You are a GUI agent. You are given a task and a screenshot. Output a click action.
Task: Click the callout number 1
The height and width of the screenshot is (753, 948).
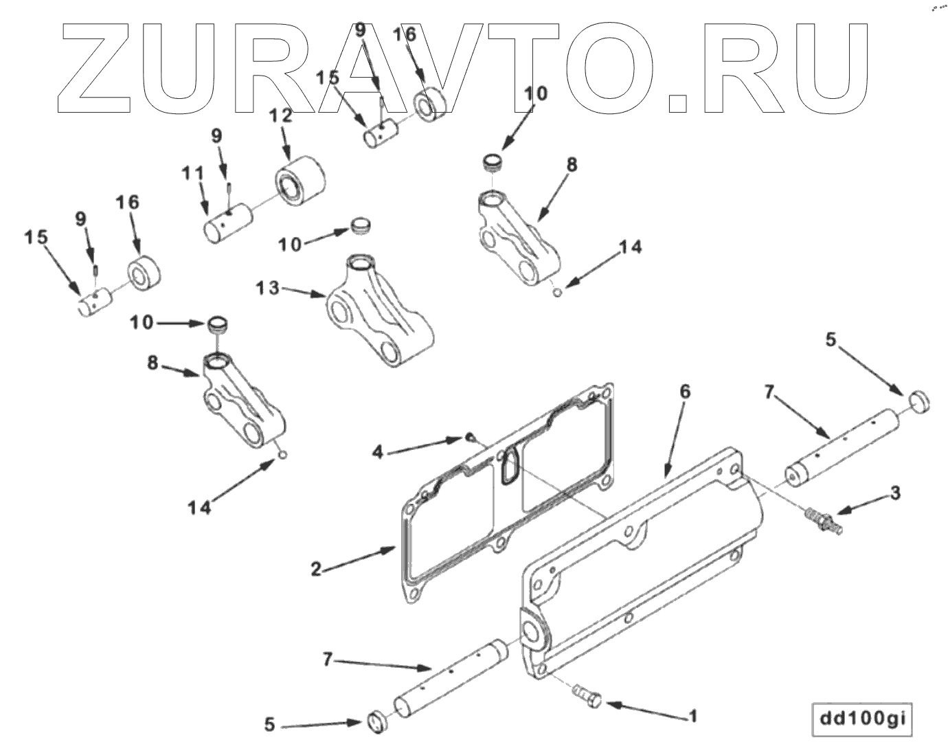coord(693,716)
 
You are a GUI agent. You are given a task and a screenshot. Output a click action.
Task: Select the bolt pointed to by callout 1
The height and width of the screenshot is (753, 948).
coord(587,696)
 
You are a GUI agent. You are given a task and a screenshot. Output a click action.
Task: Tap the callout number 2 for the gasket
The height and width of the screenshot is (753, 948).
coord(316,570)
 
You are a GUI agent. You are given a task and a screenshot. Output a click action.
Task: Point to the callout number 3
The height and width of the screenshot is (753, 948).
coord(894,493)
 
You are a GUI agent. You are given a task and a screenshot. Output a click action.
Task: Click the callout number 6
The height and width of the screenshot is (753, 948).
coord(684,392)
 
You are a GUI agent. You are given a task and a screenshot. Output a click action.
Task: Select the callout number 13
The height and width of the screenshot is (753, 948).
coord(268,288)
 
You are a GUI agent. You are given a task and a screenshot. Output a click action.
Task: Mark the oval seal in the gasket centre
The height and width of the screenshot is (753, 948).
coord(510,467)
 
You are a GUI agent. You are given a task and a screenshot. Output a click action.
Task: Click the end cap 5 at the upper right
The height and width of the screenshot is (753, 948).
coord(918,401)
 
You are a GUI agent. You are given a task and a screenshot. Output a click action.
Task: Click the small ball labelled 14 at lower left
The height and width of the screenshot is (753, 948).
coord(283,454)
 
